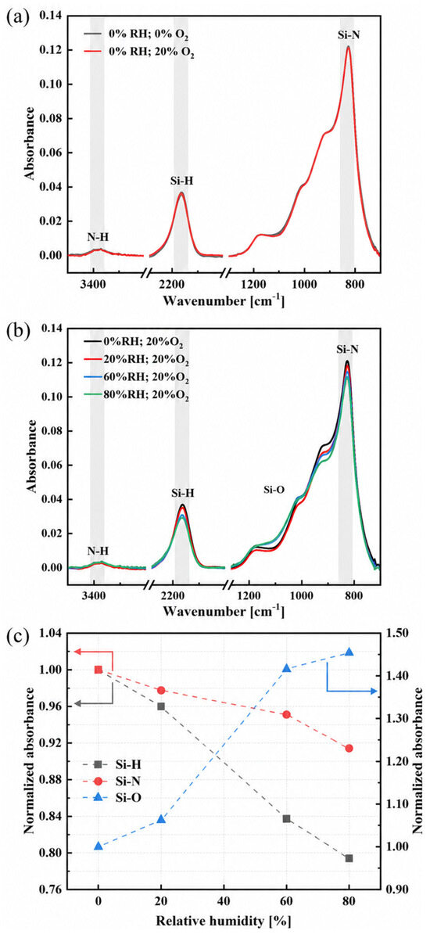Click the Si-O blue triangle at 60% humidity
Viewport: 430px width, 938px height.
tap(286, 668)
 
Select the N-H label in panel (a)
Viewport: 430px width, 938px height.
tap(98, 236)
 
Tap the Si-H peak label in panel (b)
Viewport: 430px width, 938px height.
tap(182, 493)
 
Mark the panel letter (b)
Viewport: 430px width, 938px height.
tap(15, 329)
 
